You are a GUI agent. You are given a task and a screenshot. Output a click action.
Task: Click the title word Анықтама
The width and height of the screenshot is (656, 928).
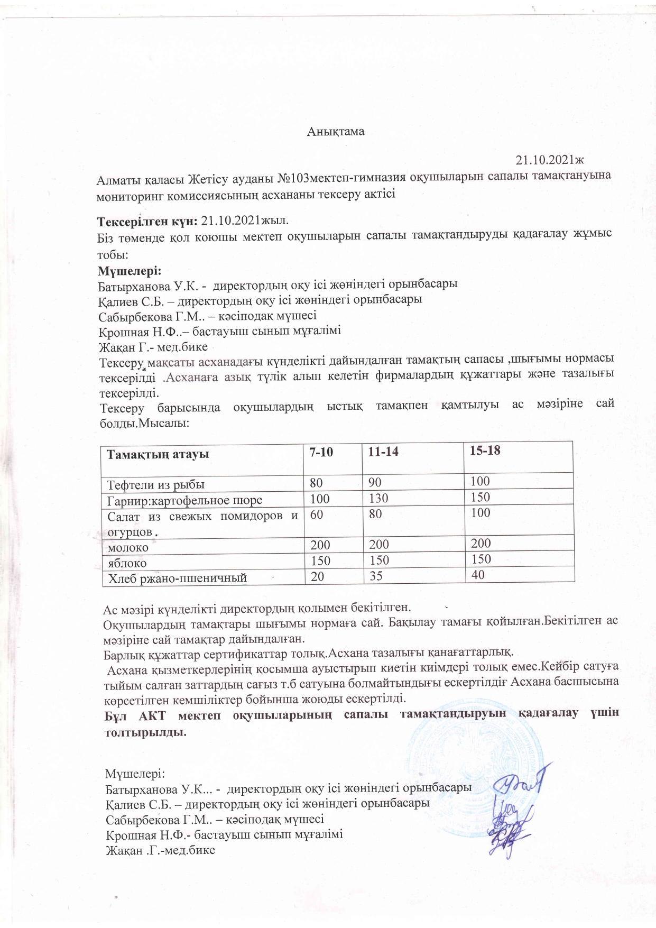tap(336, 132)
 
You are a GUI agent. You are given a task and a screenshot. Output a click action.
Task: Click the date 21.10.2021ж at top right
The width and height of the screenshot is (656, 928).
tap(552, 159)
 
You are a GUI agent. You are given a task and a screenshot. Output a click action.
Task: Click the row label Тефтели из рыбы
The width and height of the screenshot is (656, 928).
tap(156, 484)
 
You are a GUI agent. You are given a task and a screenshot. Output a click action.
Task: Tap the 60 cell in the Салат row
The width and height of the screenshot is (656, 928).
tap(317, 513)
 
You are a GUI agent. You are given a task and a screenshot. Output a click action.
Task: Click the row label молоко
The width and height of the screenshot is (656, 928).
tap(128, 547)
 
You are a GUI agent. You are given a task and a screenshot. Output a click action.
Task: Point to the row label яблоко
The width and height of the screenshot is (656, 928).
tap(127, 563)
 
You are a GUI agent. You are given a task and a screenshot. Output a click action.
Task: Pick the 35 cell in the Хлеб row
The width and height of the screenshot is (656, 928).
tap(376, 577)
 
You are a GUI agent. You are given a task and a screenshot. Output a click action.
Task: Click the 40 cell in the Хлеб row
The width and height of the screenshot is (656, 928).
tap(478, 575)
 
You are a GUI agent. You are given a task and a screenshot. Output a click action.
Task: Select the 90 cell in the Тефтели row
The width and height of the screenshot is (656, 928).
tap(375, 482)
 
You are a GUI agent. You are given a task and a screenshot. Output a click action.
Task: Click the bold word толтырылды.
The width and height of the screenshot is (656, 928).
tap(145, 733)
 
